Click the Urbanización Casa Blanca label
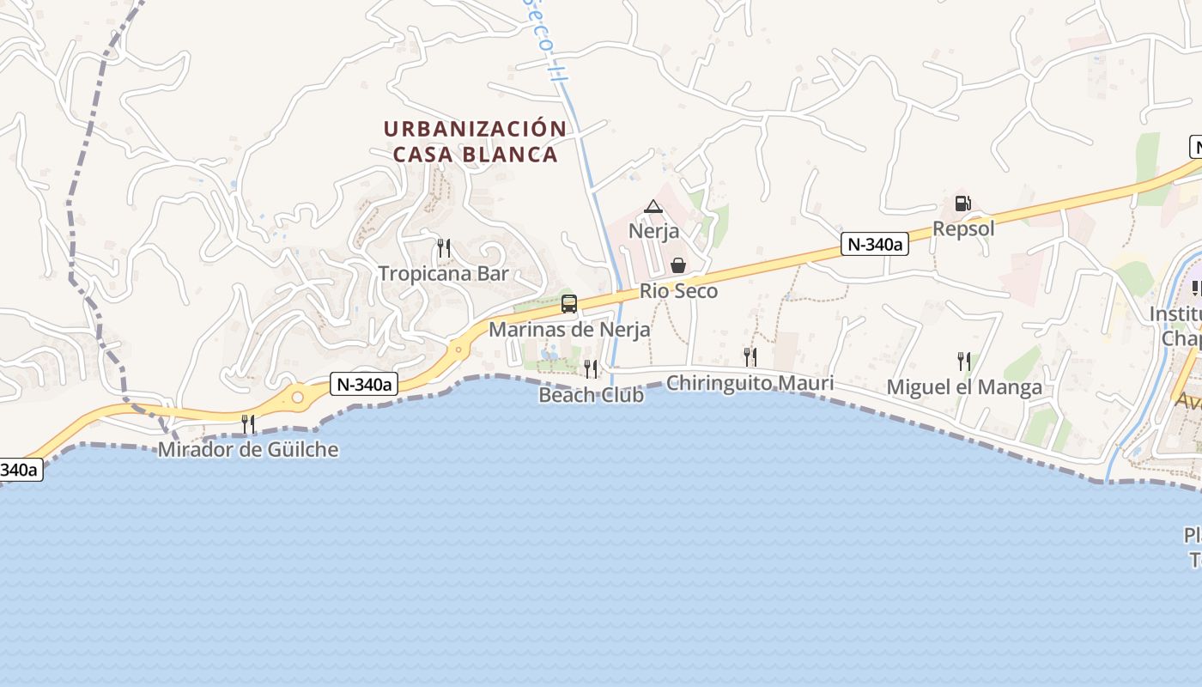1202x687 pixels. (x=475, y=142)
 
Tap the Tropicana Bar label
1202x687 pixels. (x=444, y=274)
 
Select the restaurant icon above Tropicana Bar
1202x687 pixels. (x=444, y=249)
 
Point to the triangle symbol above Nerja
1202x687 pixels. (x=653, y=206)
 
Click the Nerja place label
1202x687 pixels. (x=653, y=231)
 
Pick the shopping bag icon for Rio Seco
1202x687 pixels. (x=678, y=265)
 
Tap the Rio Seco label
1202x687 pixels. (x=678, y=291)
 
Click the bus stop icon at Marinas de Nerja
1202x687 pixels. (x=569, y=303)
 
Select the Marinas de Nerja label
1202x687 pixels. (x=569, y=329)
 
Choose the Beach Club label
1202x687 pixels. (x=591, y=395)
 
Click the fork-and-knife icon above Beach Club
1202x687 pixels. (x=591, y=369)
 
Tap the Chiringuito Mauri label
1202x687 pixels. (x=750, y=383)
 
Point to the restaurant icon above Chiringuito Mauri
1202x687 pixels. (x=750, y=357)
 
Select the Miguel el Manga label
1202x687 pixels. (x=964, y=387)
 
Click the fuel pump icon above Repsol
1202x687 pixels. (x=963, y=204)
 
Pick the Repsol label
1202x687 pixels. (x=963, y=228)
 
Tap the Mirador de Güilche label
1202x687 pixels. (x=248, y=449)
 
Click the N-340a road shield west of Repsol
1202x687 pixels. (x=874, y=245)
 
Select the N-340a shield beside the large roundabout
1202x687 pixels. (x=364, y=385)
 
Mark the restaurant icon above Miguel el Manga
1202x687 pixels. (x=964, y=362)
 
